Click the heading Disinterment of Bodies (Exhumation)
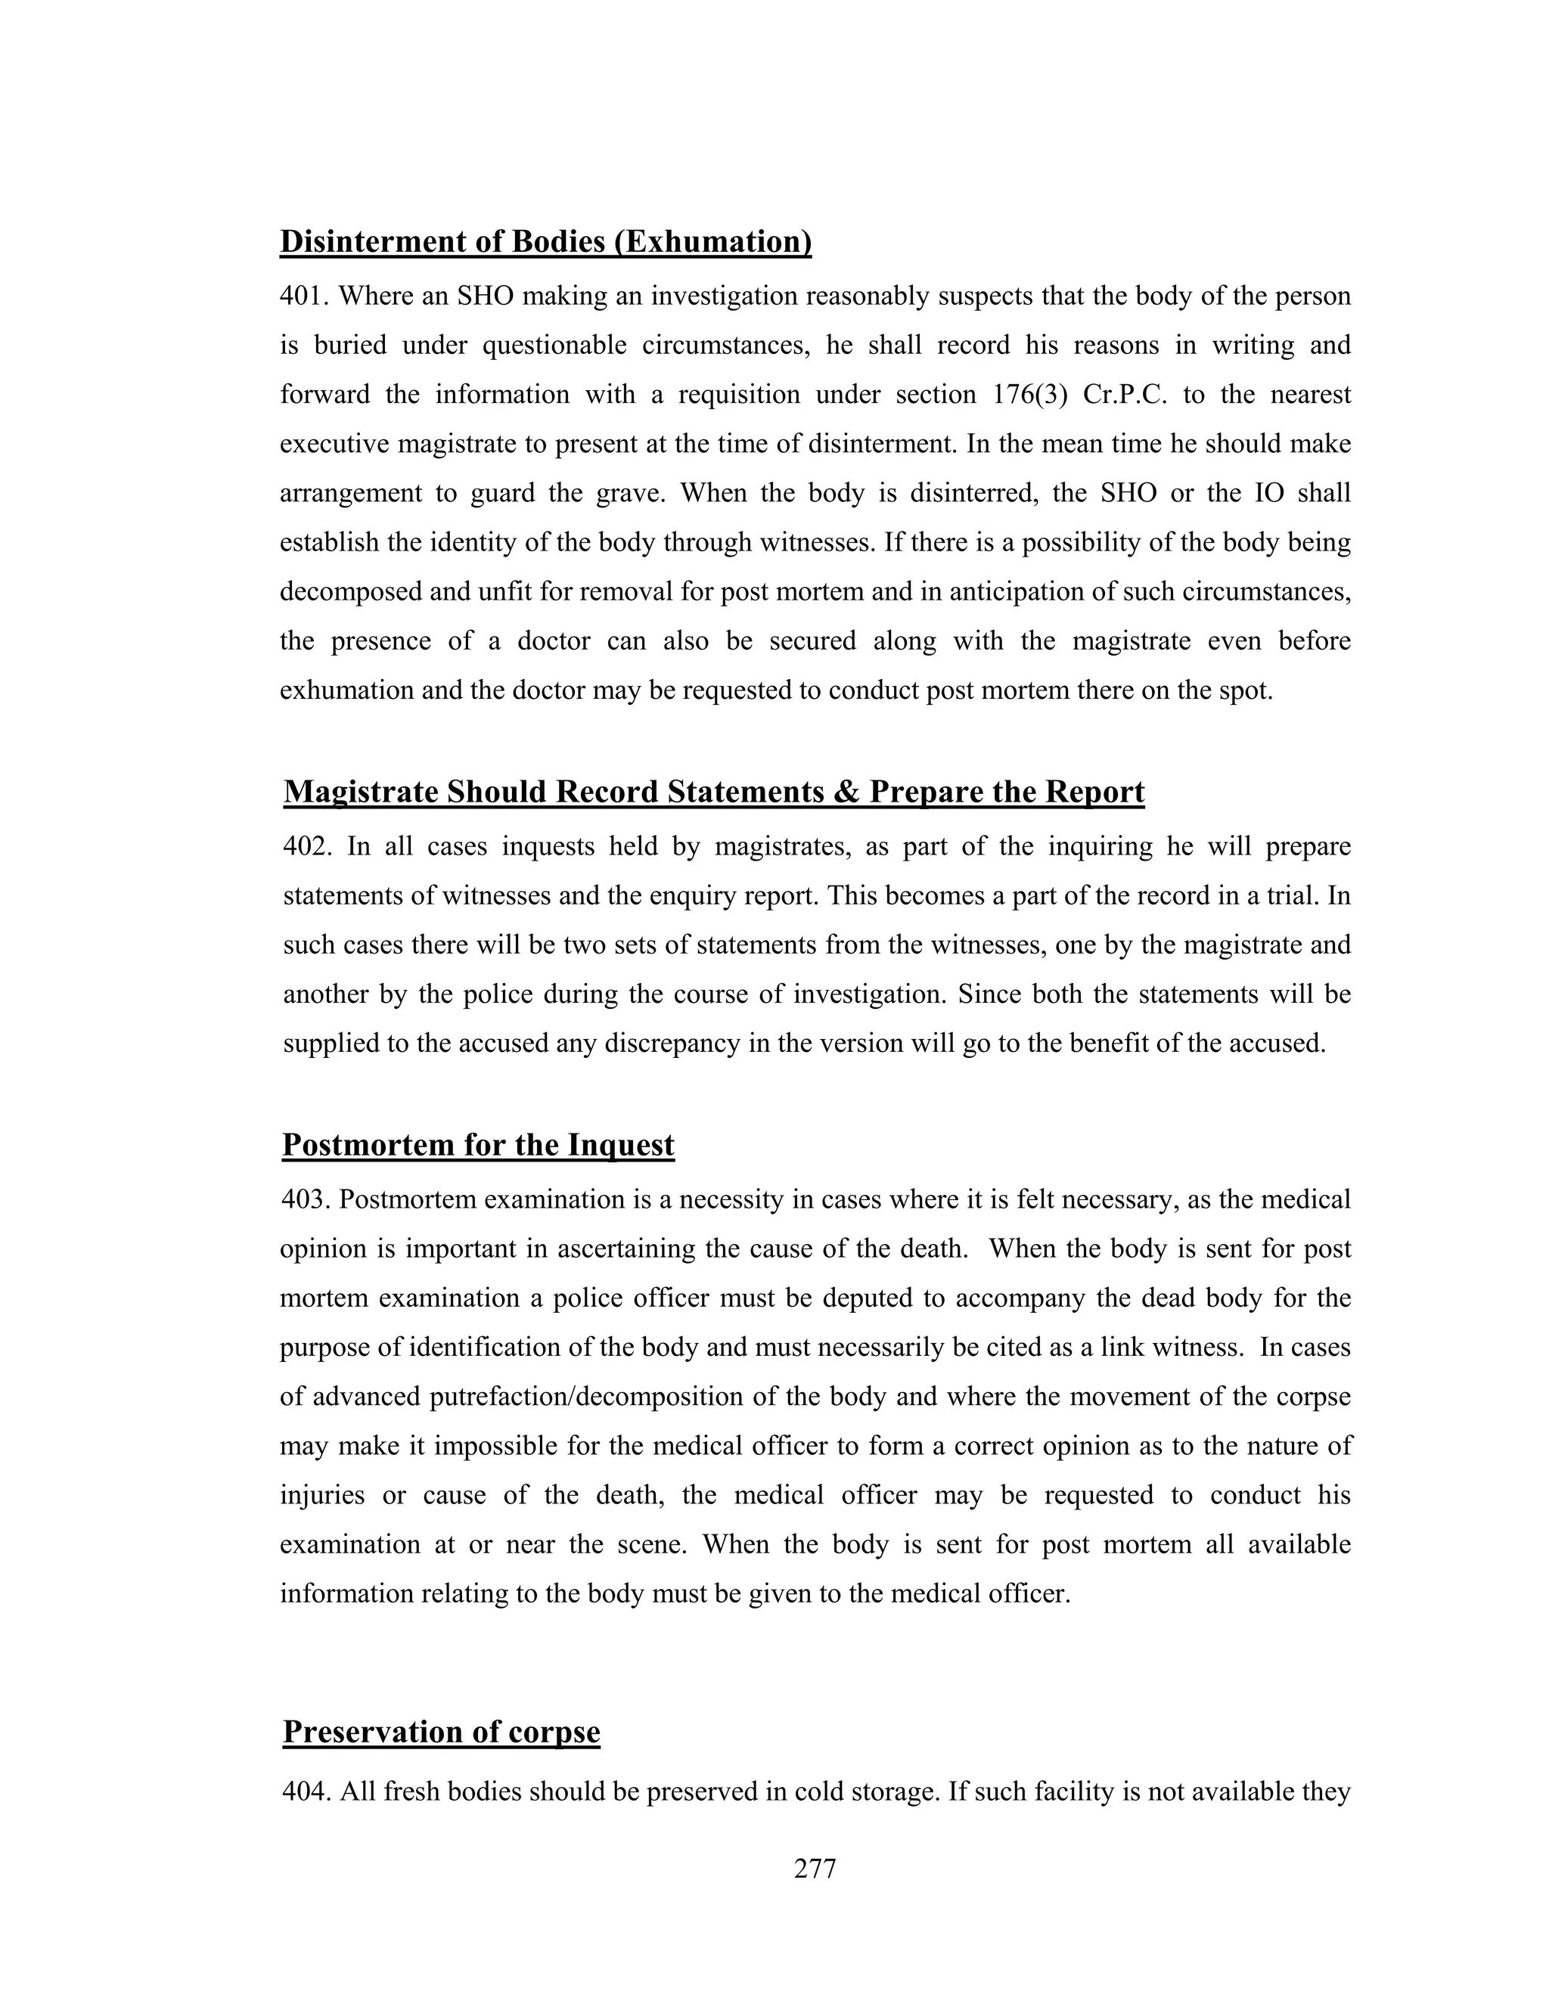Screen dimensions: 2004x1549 (x=545, y=241)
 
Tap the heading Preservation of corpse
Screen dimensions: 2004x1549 (x=442, y=1732)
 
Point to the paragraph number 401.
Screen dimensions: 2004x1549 (x=305, y=296)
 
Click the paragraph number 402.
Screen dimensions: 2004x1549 (x=306, y=846)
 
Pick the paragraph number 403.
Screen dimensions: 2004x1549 (x=305, y=1199)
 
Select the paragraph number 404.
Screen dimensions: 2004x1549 (x=306, y=1792)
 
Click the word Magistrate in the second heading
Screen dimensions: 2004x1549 (x=361, y=792)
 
